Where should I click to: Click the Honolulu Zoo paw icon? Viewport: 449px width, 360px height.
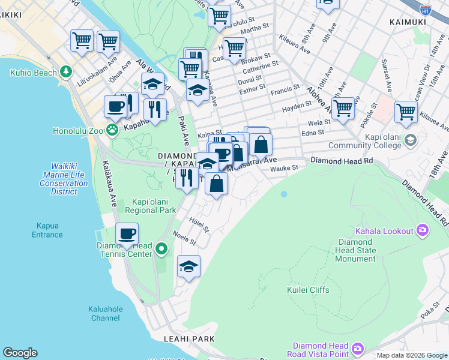tap(112, 130)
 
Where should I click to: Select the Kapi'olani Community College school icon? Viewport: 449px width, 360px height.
tap(411, 140)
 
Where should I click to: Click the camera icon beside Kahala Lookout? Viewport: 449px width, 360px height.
tap(423, 231)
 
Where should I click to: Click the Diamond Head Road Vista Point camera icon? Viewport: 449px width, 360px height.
tap(358, 349)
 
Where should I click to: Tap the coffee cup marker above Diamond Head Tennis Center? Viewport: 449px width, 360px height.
tap(127, 234)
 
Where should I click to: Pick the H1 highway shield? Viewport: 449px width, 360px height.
tap(425, 11)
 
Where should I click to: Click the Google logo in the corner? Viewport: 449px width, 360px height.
tap(20, 353)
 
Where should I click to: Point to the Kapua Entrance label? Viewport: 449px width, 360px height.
tap(47, 230)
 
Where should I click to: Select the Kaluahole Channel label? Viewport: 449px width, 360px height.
tap(105, 313)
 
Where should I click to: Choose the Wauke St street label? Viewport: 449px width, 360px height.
tap(284, 169)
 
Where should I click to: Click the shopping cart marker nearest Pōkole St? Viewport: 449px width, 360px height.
tap(343, 109)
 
